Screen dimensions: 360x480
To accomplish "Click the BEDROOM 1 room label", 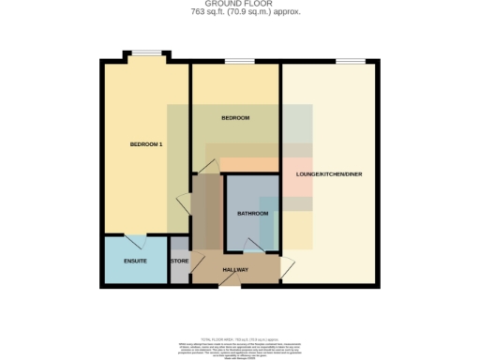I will tap(146, 143).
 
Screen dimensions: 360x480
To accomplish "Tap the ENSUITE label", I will tap(135, 261).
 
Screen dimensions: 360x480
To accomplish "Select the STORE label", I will tap(179, 261).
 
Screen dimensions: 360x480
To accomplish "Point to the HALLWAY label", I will tap(234, 270).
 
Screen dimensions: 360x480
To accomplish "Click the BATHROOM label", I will tap(252, 214).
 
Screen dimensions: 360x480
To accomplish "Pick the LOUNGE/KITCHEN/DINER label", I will tap(328, 175).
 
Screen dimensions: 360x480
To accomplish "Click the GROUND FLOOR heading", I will tap(239, 4).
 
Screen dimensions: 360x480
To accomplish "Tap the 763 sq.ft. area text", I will tap(239, 13).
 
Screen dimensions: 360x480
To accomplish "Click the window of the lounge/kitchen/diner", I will tap(351, 62).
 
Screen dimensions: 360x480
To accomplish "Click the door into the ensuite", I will tap(134, 239).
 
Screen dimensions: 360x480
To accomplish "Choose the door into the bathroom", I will tap(252, 246).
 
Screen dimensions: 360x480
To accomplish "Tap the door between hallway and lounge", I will tap(285, 266).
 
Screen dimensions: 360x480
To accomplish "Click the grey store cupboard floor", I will tap(179, 273).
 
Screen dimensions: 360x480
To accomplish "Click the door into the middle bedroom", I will tap(208, 168).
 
